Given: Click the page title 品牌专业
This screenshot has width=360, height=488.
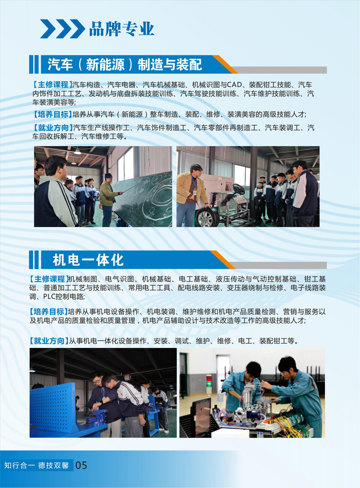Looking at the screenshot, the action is pyautogui.click(x=122, y=29).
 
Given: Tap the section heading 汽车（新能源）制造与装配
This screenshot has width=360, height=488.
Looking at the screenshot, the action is pyautogui.click(x=125, y=65).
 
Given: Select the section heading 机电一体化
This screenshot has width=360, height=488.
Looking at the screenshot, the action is pyautogui.click(x=88, y=260).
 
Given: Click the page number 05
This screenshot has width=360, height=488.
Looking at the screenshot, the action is pyautogui.click(x=81, y=465).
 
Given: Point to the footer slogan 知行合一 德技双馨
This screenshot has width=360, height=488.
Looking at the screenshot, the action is pyautogui.click(x=36, y=465).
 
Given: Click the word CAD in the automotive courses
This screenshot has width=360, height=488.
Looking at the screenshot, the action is pyautogui.click(x=234, y=84).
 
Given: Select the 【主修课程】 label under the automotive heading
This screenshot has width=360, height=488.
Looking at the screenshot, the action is pyautogui.click(x=52, y=84).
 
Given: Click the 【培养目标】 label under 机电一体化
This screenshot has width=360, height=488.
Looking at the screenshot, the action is pyautogui.click(x=48, y=311).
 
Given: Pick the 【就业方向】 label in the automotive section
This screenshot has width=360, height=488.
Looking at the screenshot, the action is pyautogui.click(x=53, y=127).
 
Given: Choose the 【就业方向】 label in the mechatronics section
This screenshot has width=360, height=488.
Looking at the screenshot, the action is pyautogui.click(x=49, y=341).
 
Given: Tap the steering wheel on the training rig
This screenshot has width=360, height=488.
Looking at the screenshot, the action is pyautogui.click(x=239, y=189).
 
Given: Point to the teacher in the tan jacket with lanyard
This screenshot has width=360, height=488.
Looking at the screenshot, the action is pyautogui.click(x=191, y=195).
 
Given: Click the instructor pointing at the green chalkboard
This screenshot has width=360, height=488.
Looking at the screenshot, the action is pyautogui.click(x=108, y=200).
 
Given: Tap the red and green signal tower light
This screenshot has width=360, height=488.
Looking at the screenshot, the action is pyautogui.click(x=209, y=383).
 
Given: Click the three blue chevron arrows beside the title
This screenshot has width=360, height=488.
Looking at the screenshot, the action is pyautogui.click(x=63, y=29).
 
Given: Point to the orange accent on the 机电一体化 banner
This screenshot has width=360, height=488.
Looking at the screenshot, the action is pyautogui.click(x=223, y=260).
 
